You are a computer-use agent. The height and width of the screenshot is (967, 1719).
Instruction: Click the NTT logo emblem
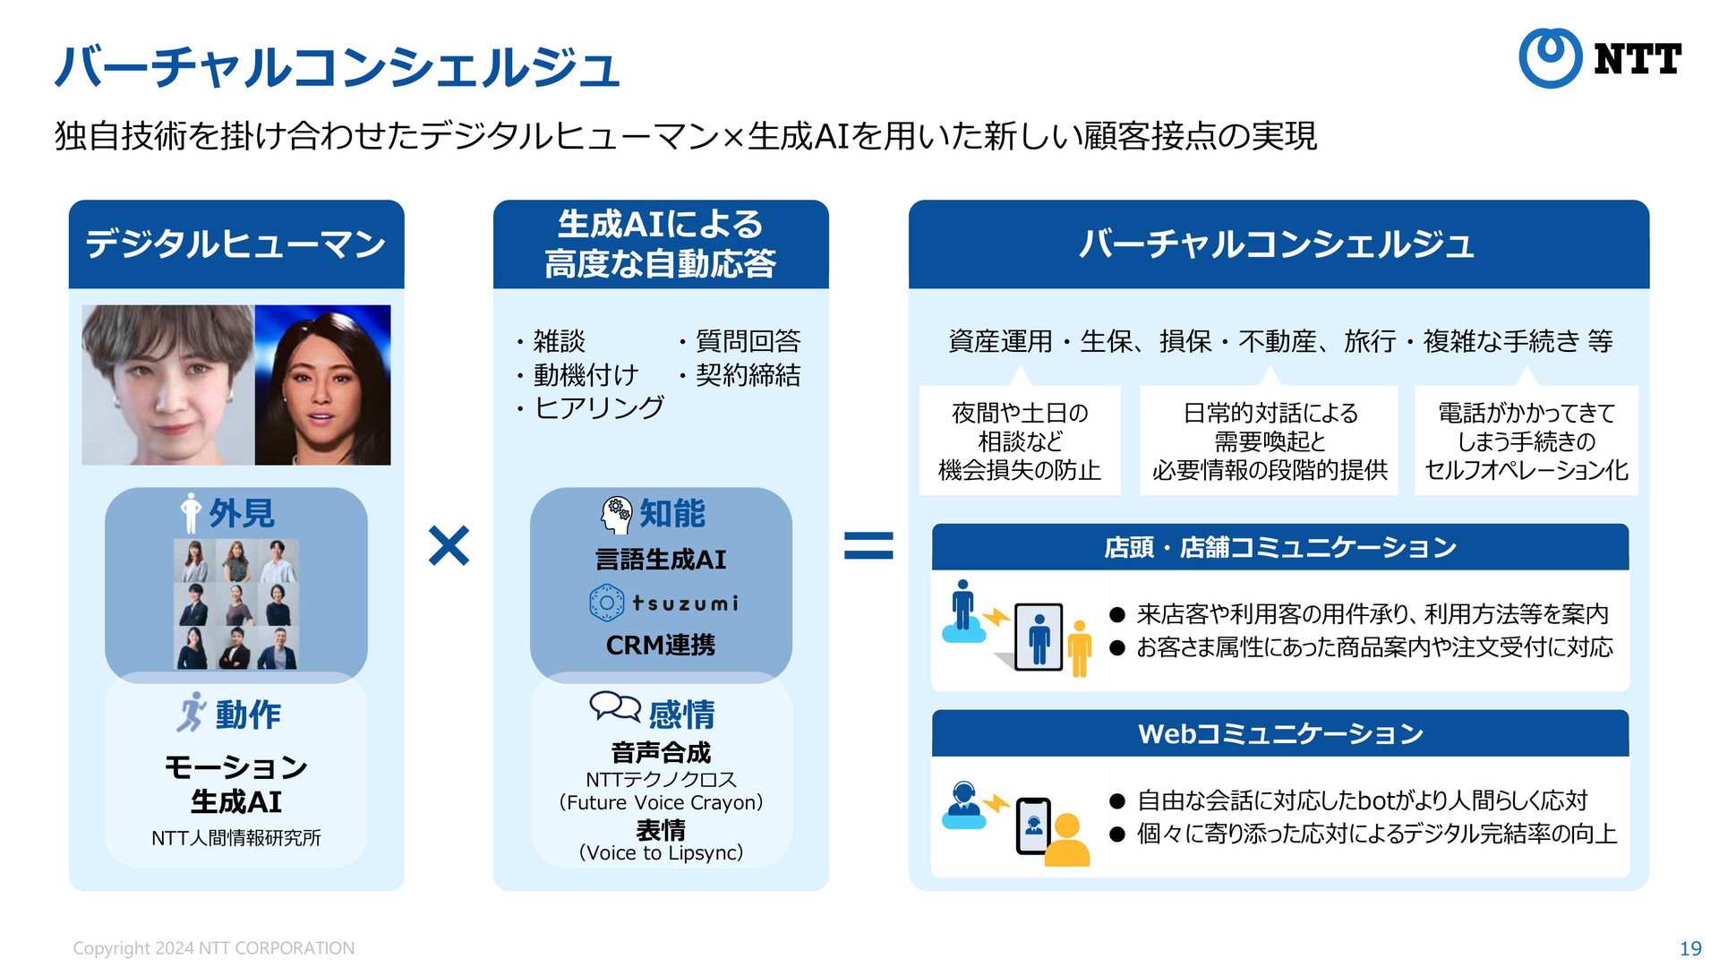pos(1551,58)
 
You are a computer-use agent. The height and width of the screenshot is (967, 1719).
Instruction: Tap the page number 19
pos(1690,948)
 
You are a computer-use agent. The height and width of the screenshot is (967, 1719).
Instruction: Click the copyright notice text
pos(213,948)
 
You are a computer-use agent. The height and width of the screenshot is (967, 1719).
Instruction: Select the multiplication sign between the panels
pos(449,546)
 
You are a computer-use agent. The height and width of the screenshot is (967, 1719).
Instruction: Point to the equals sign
pos(868,545)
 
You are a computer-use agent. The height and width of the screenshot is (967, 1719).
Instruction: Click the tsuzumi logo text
pos(685,603)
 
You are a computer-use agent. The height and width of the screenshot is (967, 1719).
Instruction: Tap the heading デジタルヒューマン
pos(235,244)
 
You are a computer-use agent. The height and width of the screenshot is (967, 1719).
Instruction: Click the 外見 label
pos(242,514)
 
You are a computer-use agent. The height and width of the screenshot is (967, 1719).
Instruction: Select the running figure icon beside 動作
pos(191,713)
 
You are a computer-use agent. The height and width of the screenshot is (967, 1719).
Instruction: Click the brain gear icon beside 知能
pos(617,515)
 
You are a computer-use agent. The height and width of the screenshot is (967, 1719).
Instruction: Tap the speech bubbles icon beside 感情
pos(615,707)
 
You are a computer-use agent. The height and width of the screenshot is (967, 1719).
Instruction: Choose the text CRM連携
pos(661,646)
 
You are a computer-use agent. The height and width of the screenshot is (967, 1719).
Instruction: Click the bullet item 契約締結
pos(740,375)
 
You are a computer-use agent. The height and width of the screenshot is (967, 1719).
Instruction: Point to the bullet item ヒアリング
pos(590,408)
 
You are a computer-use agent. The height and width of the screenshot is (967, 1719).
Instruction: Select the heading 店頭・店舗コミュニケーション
pos(1280,547)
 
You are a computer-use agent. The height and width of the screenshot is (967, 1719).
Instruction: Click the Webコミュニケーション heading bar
pos(1280,733)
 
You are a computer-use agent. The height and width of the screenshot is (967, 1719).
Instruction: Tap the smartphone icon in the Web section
pos(1033,826)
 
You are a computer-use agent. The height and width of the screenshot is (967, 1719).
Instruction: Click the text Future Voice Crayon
pos(661,802)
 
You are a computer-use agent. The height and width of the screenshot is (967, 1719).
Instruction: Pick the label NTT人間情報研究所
pos(236,838)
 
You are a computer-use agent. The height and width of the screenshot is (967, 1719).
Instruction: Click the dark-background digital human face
pos(322,385)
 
